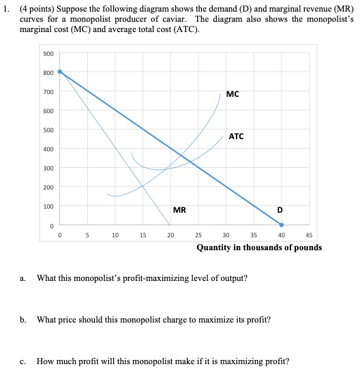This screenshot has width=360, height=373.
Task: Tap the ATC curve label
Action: [237, 136]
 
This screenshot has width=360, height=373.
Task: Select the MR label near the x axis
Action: [180, 210]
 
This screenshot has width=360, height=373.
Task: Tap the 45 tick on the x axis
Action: [309, 236]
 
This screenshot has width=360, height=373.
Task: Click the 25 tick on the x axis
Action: [198, 236]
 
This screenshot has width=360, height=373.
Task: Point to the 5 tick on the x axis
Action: [87, 236]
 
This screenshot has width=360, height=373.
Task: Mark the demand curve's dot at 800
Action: [60, 71]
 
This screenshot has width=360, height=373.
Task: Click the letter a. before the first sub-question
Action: [24, 278]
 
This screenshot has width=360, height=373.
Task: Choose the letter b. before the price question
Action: [24, 319]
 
